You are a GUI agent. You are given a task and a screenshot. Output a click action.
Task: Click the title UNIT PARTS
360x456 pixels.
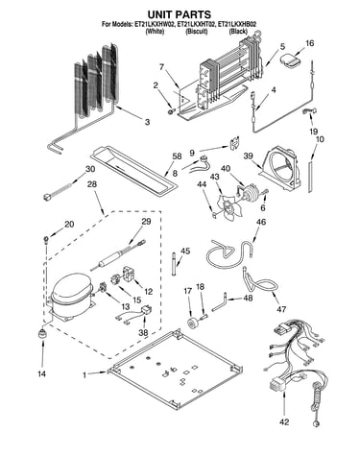[179, 14]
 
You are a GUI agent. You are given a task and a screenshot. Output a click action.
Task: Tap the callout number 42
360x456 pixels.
[284, 422]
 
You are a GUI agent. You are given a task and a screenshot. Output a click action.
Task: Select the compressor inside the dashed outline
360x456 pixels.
[71, 297]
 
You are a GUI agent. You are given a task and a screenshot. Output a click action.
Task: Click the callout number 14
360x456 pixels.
[42, 373]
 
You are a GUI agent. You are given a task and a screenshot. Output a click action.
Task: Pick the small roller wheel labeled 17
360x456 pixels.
[193, 323]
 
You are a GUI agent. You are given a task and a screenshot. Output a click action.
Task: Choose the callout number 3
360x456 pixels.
[147, 122]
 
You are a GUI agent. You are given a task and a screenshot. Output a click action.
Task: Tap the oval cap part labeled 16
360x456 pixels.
[290, 61]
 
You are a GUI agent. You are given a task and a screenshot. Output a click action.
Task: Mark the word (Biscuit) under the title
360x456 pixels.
[197, 32]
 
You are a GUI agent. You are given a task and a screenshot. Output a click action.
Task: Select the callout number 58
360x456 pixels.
[177, 156]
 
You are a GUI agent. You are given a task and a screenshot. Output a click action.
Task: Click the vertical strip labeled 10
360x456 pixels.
[310, 177]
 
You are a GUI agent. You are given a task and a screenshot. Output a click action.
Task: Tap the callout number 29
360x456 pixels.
[146, 222]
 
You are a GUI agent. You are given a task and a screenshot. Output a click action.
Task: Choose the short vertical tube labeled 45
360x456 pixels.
[174, 264]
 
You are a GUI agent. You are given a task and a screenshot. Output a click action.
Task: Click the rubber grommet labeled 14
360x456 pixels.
[41, 333]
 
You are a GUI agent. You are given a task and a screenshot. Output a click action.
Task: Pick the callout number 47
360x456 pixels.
[281, 309]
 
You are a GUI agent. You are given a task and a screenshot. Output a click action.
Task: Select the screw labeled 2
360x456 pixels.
[172, 110]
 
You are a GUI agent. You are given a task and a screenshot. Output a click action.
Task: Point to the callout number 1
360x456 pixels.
[84, 374]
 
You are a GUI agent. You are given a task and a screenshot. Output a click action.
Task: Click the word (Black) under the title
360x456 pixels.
[238, 32]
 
